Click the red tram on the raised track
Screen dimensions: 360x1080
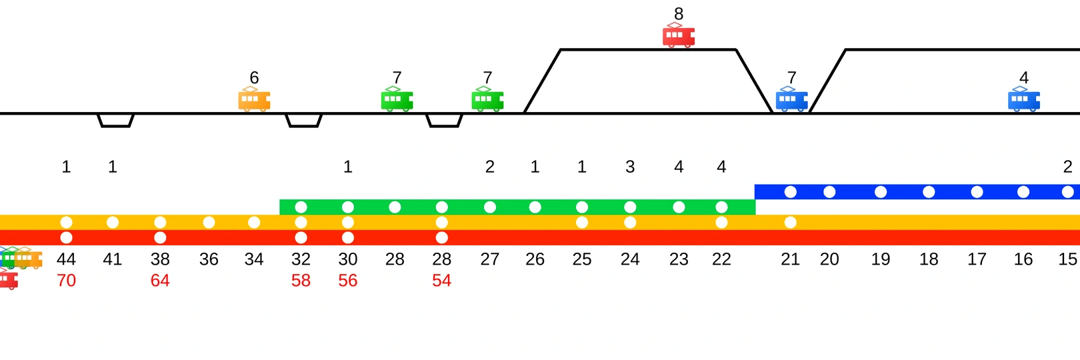coord(679,36)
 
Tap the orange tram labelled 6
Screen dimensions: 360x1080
coord(254,100)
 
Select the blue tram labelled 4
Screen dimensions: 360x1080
coord(1024,100)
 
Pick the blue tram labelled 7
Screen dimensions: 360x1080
coord(792,100)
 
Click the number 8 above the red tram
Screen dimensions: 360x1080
coord(679,14)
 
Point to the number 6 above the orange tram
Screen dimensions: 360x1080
coord(254,78)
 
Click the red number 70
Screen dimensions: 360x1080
coord(66,281)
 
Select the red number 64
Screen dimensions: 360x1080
coord(160,281)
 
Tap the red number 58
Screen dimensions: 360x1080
coord(301,281)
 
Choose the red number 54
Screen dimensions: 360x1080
coord(441,281)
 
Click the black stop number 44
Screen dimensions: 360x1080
coord(66,259)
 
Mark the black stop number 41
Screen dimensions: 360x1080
coord(113,259)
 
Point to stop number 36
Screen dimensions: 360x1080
coord(209,259)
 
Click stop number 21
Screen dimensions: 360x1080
coord(790,259)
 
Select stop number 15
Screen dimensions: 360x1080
coord(1067,259)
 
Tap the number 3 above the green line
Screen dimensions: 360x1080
coord(630,167)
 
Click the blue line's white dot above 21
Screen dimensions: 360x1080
coord(790,192)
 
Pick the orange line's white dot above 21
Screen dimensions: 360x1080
coord(790,222)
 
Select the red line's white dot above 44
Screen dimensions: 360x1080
coord(66,237)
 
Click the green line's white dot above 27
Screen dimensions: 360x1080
coord(490,207)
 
